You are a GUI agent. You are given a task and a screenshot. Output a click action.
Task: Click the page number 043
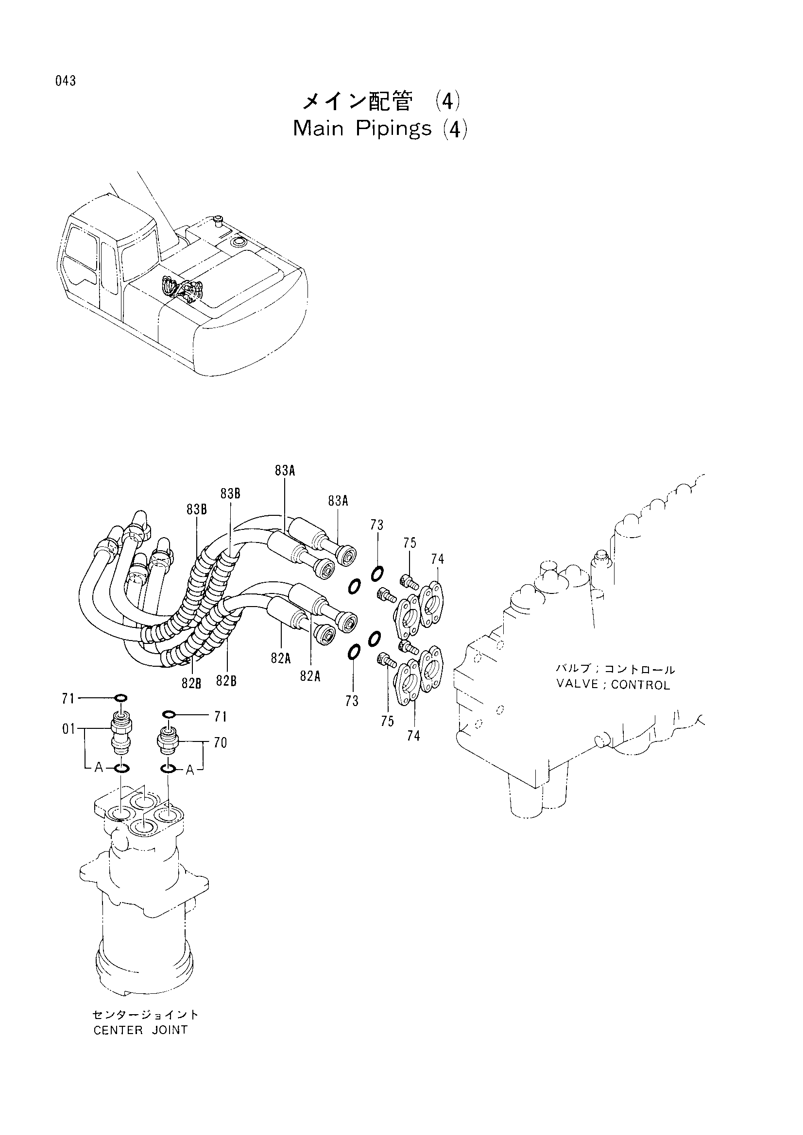pos(66,81)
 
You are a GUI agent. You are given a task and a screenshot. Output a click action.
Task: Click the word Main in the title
pos(319,129)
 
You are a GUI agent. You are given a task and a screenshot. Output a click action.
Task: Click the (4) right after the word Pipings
pos(455,130)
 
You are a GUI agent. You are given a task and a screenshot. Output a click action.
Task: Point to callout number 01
pos(69,729)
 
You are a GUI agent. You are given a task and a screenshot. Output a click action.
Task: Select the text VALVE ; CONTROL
pos(613,685)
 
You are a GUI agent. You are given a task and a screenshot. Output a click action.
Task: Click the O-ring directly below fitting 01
pos(121,768)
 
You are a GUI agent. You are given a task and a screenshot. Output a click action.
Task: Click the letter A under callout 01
pos(99,767)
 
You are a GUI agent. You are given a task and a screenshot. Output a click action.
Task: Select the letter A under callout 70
pos(190,770)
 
